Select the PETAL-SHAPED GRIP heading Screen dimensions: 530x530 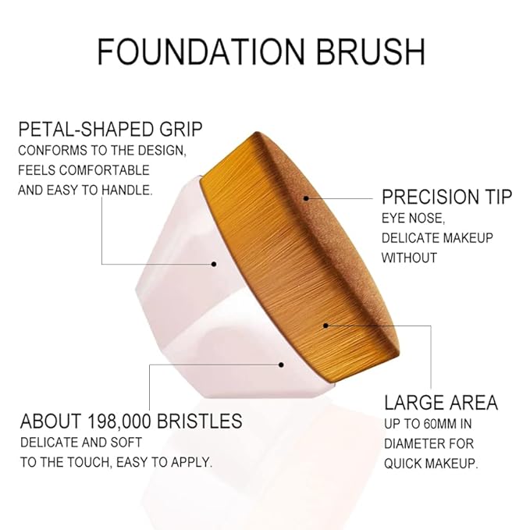click(110, 128)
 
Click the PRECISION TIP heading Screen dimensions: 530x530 click(446, 196)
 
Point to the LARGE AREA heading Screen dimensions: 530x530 click(441, 403)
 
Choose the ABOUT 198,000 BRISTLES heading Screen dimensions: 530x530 click(131, 422)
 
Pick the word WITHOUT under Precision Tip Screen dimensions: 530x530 click(408, 257)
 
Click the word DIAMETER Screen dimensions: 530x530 click(411, 444)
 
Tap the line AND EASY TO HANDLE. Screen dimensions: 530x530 click(85, 190)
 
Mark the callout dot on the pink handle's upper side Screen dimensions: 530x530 click(213, 264)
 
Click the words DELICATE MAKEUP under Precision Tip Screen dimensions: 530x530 click(437, 237)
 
